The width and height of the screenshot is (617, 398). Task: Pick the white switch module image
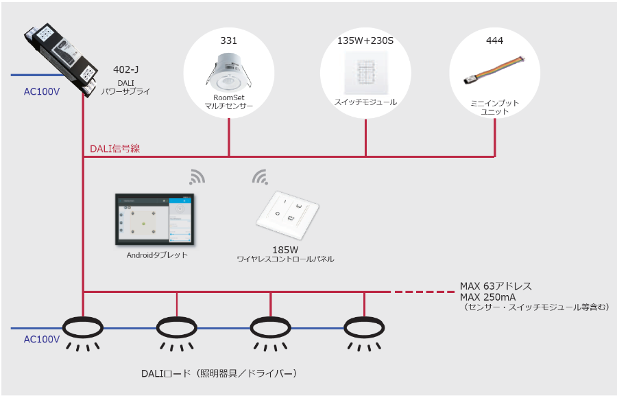click(x=365, y=71)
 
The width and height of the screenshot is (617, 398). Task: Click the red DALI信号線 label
click(x=114, y=148)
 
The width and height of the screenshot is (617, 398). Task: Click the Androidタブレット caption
click(x=157, y=255)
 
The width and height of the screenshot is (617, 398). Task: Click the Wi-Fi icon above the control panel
click(x=260, y=177)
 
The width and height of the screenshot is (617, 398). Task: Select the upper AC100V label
click(x=42, y=90)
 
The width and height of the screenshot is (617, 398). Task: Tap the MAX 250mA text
click(x=488, y=297)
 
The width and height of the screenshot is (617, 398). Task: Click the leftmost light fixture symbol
click(x=84, y=327)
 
